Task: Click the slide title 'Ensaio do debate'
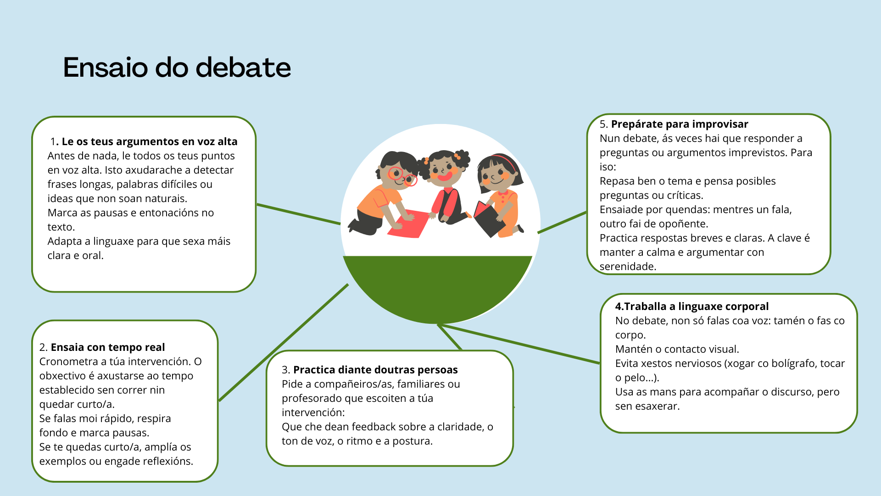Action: click(x=177, y=68)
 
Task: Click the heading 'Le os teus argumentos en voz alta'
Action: click(x=149, y=141)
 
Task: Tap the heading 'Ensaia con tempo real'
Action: click(x=107, y=347)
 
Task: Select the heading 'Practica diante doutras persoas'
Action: click(x=375, y=370)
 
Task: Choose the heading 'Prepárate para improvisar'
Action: click(x=679, y=124)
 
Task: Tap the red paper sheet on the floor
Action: click(x=408, y=224)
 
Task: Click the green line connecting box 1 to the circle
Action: click(x=298, y=214)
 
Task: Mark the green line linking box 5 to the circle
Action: click(x=562, y=222)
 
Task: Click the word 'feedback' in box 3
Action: click(x=370, y=427)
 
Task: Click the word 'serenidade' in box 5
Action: click(x=627, y=266)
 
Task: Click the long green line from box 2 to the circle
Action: click(x=284, y=343)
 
